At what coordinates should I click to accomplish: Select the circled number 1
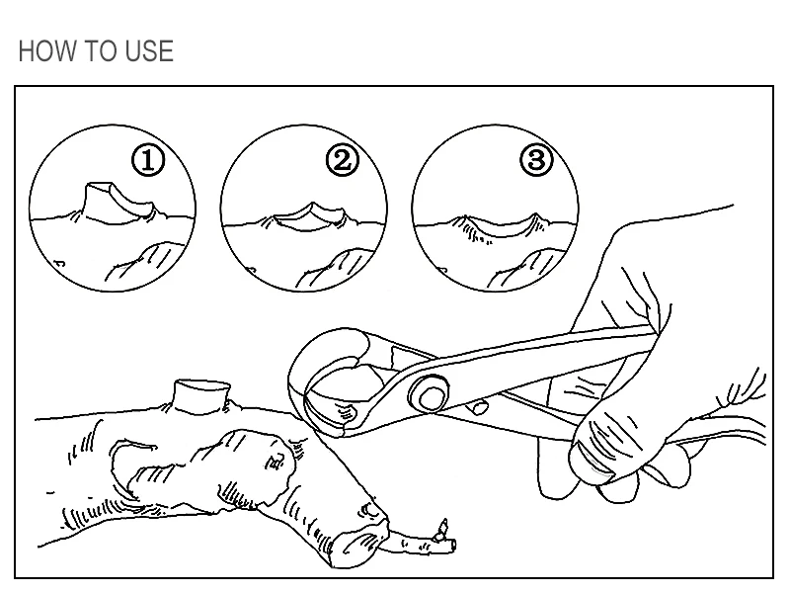point(148,160)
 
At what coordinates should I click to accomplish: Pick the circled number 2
point(343,160)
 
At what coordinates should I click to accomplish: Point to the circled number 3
point(536,160)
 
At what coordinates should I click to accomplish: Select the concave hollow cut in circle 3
point(499,227)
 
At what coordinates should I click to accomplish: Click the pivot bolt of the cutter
point(430,393)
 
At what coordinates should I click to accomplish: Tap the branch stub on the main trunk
point(202,397)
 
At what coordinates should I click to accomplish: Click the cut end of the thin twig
point(453,545)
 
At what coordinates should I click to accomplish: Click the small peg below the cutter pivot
point(479,406)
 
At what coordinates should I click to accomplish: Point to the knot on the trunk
point(277,462)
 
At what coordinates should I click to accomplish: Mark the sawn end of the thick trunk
point(358,545)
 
